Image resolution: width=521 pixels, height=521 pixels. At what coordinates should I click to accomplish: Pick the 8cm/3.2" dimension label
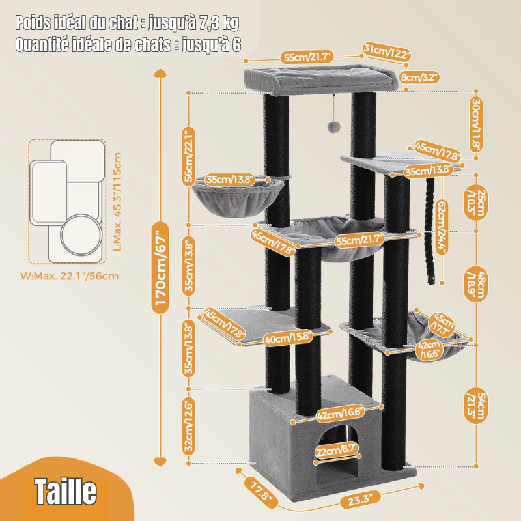419,77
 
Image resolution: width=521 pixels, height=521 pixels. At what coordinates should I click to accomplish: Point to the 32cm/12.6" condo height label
189,427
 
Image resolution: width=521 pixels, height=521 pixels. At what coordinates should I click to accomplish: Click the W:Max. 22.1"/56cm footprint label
69,276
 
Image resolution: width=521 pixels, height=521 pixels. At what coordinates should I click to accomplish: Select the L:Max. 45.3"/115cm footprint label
117,202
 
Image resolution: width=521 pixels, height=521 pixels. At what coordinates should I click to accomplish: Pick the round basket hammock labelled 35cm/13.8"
238,195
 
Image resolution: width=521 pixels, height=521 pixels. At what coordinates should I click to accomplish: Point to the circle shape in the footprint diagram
81,233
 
